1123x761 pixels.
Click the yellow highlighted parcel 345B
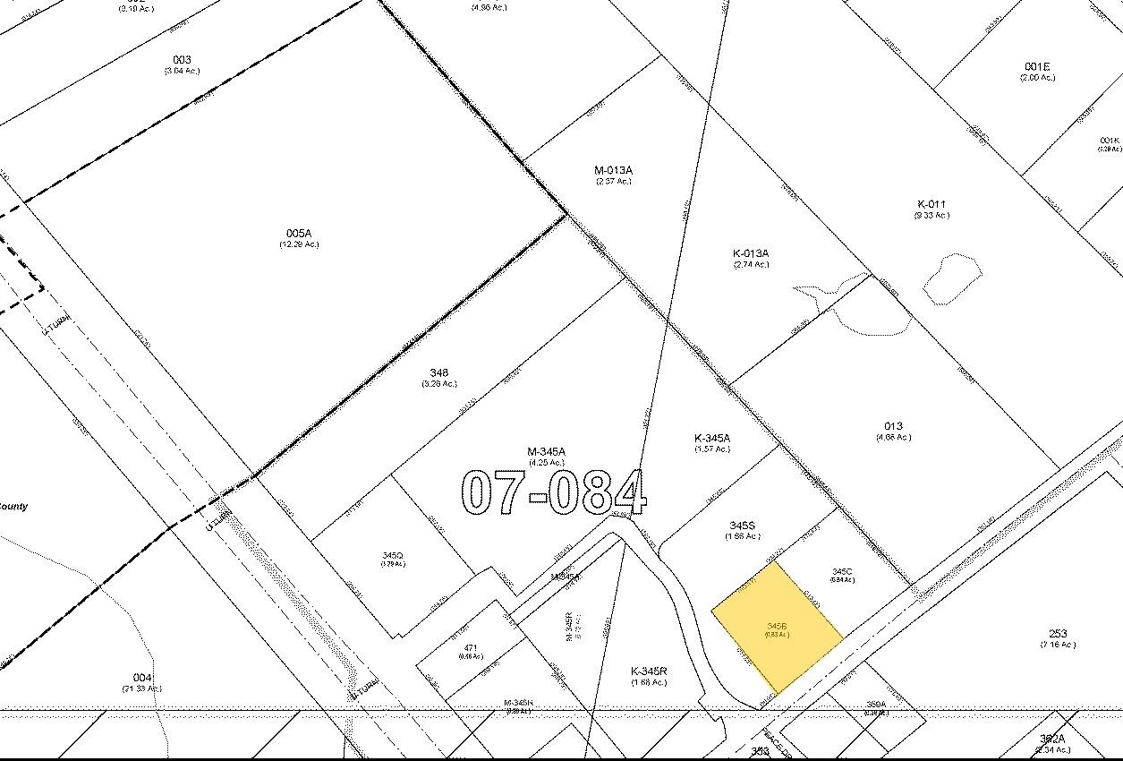click(777, 627)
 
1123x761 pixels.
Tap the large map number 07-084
click(553, 492)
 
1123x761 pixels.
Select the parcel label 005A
click(299, 234)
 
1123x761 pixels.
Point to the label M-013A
click(614, 170)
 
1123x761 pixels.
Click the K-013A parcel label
click(751, 253)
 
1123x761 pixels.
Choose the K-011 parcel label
click(931, 204)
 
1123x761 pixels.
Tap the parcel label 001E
click(1037, 66)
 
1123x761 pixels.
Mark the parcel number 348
click(438, 373)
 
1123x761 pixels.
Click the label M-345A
click(547, 452)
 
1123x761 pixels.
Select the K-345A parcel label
click(712, 438)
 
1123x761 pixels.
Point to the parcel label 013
click(893, 426)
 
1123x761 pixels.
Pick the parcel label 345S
click(743, 526)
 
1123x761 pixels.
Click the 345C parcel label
click(841, 571)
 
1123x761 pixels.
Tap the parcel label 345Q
click(393, 556)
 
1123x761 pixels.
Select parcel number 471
click(471, 646)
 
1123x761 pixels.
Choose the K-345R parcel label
click(649, 671)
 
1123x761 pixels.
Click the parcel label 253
click(1058, 634)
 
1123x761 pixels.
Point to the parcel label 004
click(142, 678)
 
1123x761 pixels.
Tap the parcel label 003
click(182, 60)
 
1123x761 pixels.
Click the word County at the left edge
click(13, 507)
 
